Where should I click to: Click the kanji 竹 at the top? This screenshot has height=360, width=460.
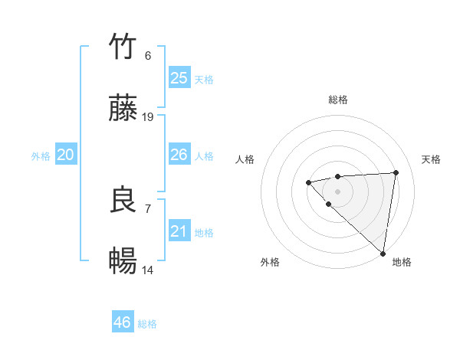[x=123, y=47]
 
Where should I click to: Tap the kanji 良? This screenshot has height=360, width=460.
[x=123, y=200]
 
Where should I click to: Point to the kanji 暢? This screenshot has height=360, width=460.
[x=123, y=261]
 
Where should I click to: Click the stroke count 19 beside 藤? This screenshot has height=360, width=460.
[x=148, y=117]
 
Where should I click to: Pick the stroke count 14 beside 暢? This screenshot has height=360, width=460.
[x=148, y=270]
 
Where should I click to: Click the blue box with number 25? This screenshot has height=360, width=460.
[x=179, y=78]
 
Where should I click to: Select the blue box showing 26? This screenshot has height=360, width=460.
[x=179, y=155]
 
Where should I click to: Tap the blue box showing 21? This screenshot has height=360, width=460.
[x=179, y=231]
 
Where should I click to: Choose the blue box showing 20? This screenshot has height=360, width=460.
[x=65, y=155]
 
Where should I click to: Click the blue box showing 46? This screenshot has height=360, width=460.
[x=122, y=322]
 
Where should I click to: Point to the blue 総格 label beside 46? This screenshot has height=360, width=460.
[x=147, y=324]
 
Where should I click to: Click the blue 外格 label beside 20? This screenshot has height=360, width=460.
[x=41, y=156]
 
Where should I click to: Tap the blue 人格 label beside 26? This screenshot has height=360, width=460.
[x=204, y=156]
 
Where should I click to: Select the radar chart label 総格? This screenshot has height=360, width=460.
[x=337, y=100]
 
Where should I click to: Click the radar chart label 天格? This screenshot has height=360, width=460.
[x=432, y=159]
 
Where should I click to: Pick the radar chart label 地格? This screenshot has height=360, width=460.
[x=402, y=263]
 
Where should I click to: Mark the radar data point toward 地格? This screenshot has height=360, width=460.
[x=383, y=253]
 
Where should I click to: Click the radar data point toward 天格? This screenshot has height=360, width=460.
[x=396, y=172]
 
